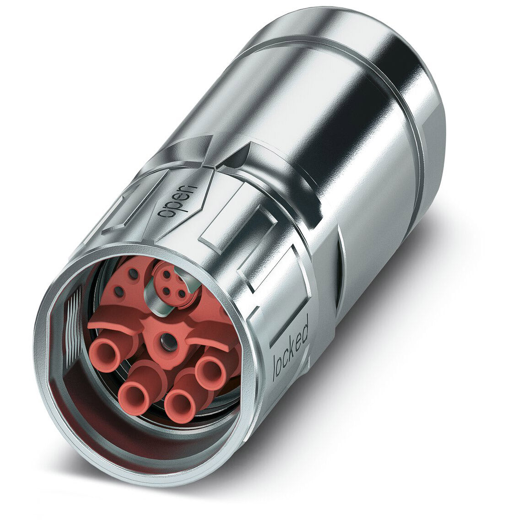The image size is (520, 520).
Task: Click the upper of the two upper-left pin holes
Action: click(x=133, y=273)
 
